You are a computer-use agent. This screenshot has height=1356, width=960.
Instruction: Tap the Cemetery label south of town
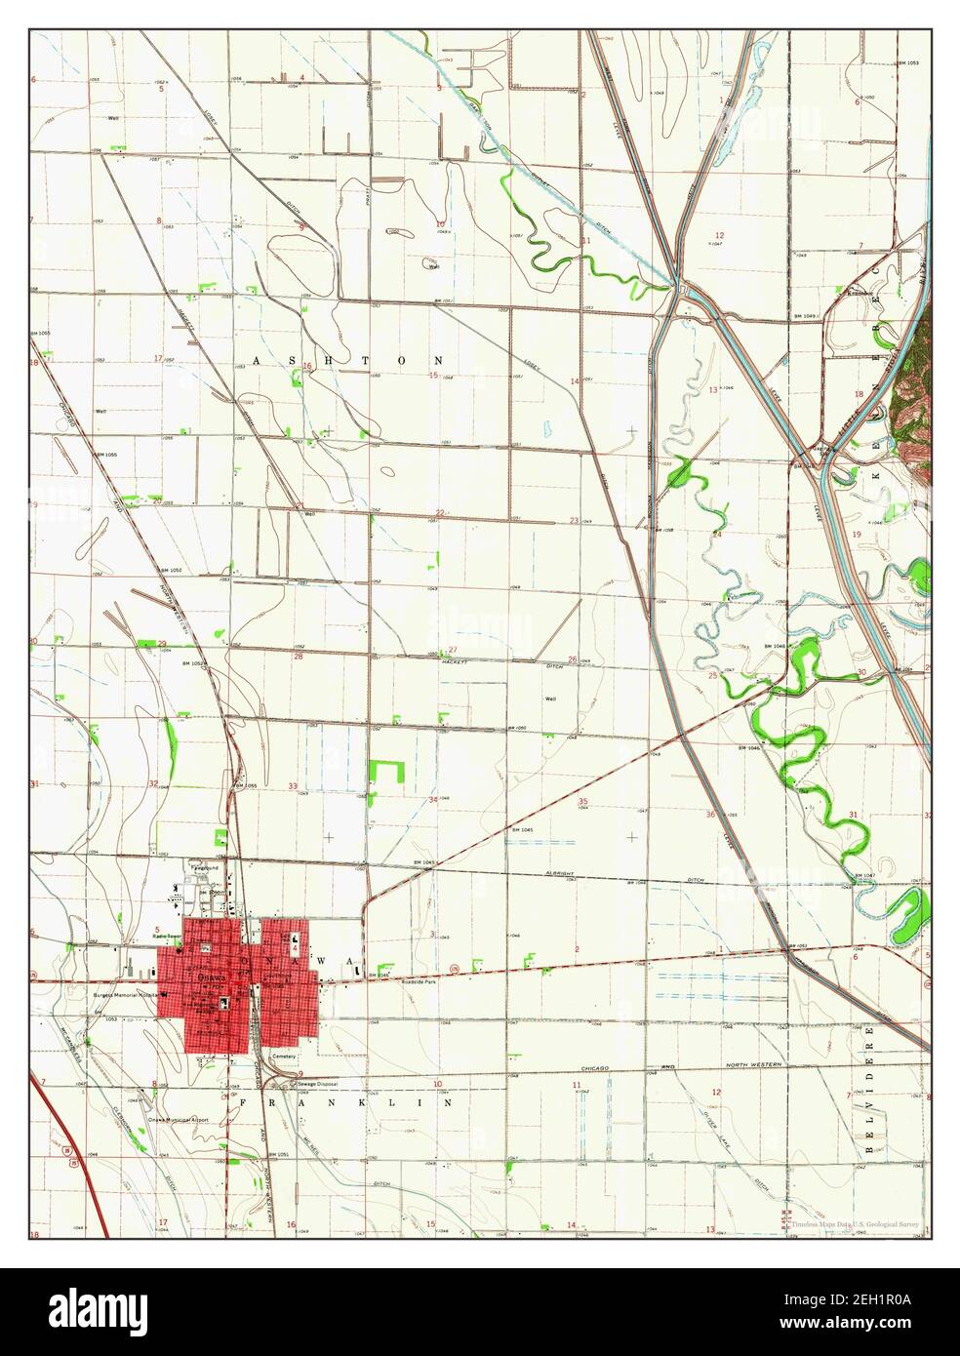284,1055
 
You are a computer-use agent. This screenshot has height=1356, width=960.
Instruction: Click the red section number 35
582,802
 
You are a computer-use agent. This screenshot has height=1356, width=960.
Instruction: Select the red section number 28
299,657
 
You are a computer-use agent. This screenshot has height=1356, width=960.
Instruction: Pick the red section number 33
293,786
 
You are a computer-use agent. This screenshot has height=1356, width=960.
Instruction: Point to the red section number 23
576,519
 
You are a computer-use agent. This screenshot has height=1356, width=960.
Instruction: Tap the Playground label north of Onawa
204,866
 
